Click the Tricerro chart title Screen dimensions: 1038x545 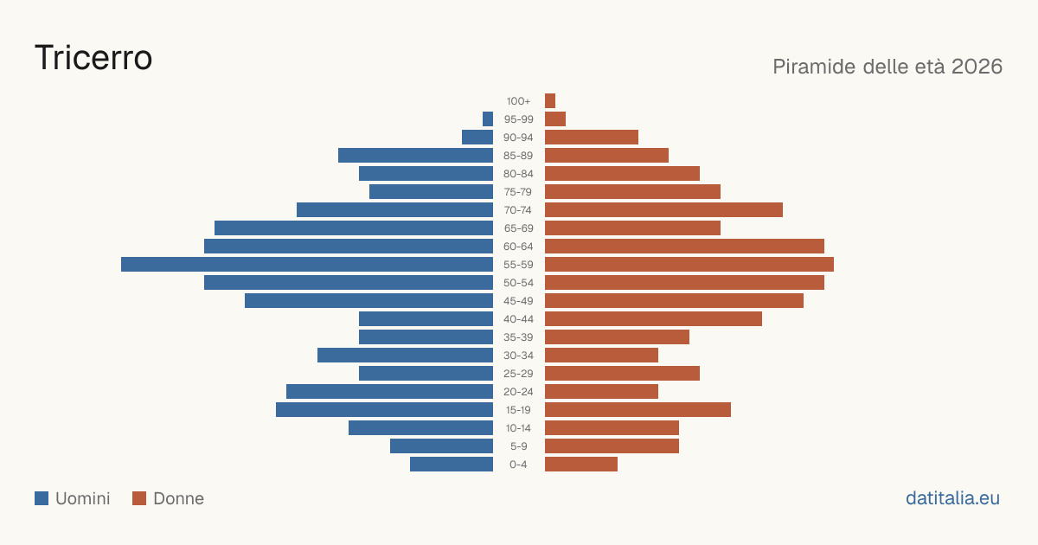click(93, 58)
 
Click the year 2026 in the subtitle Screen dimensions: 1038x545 click(977, 67)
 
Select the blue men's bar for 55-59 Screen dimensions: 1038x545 click(307, 264)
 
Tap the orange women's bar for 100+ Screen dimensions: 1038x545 click(550, 100)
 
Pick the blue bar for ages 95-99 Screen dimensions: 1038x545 click(488, 119)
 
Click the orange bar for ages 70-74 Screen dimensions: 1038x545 click(663, 210)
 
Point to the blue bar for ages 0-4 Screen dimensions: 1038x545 click(452, 465)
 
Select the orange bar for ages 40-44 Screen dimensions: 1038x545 click(653, 319)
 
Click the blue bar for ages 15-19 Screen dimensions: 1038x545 click(384, 410)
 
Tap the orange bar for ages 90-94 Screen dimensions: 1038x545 click(592, 138)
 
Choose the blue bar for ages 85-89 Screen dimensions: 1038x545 click(415, 155)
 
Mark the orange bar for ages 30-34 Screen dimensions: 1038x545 click(601, 355)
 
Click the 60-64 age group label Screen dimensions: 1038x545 click(518, 247)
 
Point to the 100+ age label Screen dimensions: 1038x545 click(518, 101)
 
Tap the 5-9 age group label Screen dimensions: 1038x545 click(518, 446)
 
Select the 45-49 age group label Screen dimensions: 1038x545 click(518, 301)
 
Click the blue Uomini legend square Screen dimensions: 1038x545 click(42, 498)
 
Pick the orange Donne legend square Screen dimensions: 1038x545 click(139, 498)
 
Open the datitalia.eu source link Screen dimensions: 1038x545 click(952, 498)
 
